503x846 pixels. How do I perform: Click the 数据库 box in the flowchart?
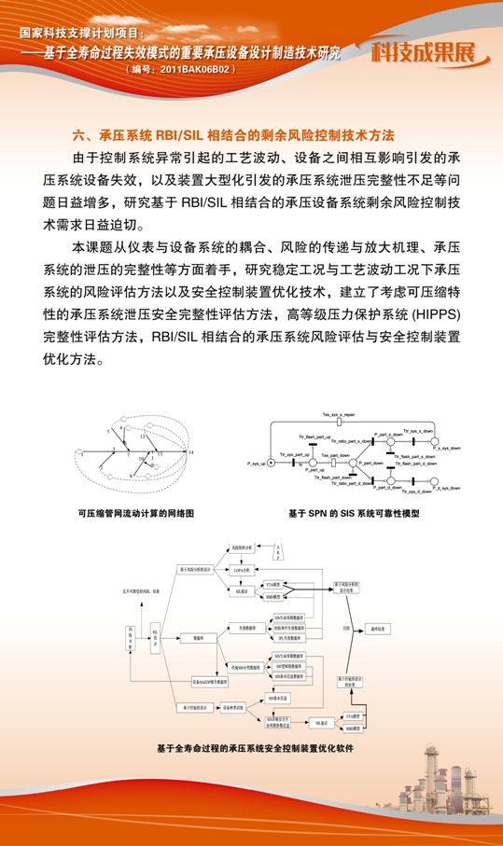(199, 637)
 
